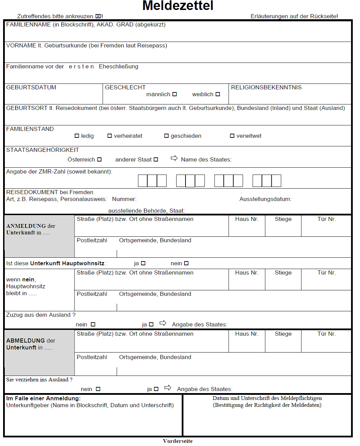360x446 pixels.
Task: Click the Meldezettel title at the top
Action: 178,5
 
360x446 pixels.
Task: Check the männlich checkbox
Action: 175,94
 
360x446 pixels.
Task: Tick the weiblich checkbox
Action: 218,94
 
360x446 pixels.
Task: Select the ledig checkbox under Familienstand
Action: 77,136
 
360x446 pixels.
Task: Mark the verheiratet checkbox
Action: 110,136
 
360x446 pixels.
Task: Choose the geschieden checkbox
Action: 167,136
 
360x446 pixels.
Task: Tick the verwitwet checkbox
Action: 232,136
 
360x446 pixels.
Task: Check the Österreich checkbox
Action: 99,159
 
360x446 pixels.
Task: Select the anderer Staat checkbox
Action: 156,159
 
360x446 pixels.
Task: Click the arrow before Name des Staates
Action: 174,158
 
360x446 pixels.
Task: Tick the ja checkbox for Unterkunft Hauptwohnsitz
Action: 143,263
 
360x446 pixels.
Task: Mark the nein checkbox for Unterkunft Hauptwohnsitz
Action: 186,263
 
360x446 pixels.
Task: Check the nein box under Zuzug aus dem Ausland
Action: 93,324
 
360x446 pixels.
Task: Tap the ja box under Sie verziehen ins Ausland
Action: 156,389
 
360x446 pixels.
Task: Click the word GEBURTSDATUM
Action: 31,88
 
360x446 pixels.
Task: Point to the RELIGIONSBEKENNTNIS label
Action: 266,88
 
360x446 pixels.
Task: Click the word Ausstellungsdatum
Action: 265,199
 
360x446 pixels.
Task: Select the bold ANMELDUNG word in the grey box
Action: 26,226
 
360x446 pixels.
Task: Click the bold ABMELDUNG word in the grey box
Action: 26,341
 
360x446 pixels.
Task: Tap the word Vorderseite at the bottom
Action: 178,441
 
